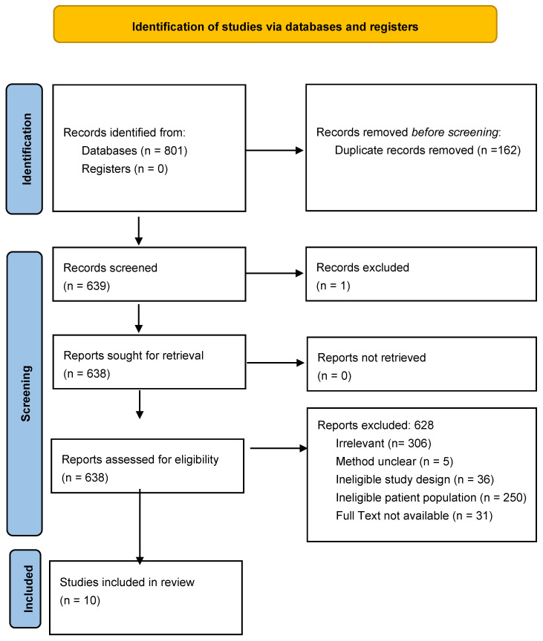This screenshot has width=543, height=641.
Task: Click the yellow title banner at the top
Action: click(275, 24)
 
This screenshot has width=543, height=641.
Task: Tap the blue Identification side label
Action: click(25, 149)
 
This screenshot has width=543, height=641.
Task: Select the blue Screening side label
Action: click(25, 394)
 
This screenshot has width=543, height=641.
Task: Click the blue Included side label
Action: click(25, 588)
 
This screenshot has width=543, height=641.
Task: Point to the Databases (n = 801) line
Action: click(134, 151)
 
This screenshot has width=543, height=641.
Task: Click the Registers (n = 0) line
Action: click(125, 169)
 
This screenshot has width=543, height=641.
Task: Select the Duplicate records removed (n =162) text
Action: click(428, 151)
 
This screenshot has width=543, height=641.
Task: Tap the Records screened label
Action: click(110, 268)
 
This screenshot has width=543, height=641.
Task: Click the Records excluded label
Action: click(362, 267)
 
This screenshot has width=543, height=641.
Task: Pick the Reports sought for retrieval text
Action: click(134, 355)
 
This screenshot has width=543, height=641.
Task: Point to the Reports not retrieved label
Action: click(371, 358)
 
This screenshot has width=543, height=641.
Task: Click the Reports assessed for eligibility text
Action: click(140, 459)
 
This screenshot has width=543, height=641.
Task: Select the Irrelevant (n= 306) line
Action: click(383, 444)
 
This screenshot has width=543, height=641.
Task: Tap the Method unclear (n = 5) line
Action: click(394, 461)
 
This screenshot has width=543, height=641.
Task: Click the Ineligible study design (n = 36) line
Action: click(415, 479)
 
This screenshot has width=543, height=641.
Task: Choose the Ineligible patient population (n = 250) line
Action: click(431, 498)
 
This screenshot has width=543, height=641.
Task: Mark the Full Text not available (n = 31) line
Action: click(414, 516)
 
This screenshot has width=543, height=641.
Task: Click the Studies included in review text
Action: click(127, 582)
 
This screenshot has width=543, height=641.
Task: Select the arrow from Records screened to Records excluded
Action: click(275, 273)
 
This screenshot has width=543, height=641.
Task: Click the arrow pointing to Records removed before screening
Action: click(275, 151)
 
